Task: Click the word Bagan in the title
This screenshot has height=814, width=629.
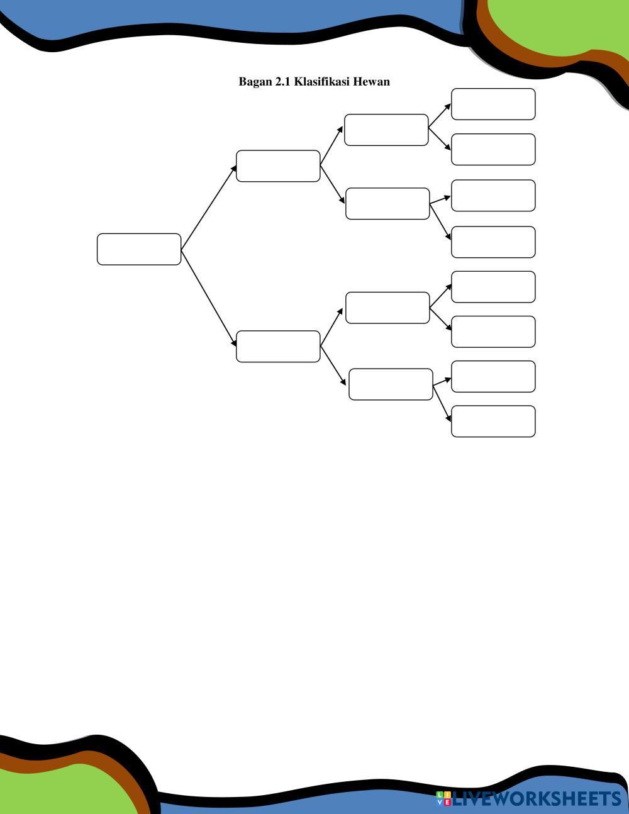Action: [x=255, y=82]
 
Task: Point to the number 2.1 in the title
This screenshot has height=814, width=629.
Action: [x=283, y=82]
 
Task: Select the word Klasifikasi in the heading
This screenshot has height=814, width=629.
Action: [x=322, y=82]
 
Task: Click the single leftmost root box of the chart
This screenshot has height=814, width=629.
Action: [x=139, y=249]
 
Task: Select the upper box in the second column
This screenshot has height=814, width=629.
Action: [x=278, y=166]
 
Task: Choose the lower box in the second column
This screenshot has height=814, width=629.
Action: [x=278, y=347]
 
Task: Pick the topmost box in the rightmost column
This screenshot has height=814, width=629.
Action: [x=493, y=104]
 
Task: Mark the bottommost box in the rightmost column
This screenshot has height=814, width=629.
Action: [x=493, y=421]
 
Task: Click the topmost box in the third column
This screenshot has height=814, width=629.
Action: [x=386, y=130]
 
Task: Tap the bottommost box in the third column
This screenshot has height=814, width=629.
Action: [x=391, y=384]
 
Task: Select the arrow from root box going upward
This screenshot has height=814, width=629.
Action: [x=209, y=208]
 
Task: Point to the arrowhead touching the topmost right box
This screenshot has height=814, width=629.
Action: [x=447, y=108]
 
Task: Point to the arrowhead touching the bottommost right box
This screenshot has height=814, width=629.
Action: [x=448, y=417]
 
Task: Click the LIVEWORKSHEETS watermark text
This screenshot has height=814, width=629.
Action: [x=537, y=799]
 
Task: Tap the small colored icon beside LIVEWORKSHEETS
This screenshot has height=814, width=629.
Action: [x=443, y=799]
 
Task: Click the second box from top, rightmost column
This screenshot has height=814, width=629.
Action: [x=493, y=150]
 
